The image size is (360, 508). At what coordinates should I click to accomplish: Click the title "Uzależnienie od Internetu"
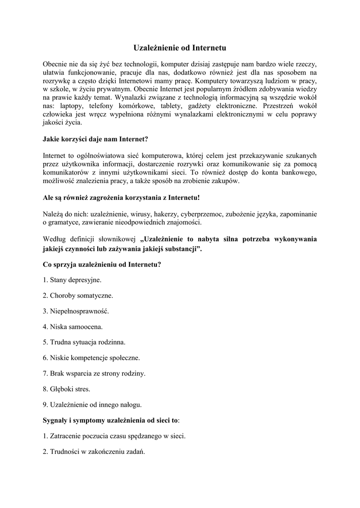pyautogui.click(x=180, y=48)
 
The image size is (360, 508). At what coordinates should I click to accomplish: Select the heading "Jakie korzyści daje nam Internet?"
pyautogui.click(x=95, y=139)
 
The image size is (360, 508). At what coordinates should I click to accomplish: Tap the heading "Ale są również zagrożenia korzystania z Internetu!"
pyautogui.click(x=121, y=197)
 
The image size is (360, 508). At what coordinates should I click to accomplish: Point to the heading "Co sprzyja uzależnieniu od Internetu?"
pyautogui.click(x=102, y=264)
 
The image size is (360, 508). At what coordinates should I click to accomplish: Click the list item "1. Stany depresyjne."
pyautogui.click(x=72, y=280)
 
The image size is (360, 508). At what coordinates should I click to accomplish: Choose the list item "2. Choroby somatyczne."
pyautogui.click(x=78, y=296)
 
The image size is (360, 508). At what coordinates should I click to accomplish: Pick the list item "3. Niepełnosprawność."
pyautogui.click(x=75, y=311)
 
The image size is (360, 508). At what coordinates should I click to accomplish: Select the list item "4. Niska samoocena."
pyautogui.click(x=73, y=326)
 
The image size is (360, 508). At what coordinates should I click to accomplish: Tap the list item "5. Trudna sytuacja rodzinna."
pyautogui.click(x=84, y=342)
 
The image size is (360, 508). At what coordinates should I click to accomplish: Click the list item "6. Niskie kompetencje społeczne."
pyautogui.click(x=91, y=357)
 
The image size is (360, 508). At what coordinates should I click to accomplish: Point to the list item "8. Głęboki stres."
pyautogui.click(x=67, y=388)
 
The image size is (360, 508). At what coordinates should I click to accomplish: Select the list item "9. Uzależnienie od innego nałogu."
pyautogui.click(x=92, y=404)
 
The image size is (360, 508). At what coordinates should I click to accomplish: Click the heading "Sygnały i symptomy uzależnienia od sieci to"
pyautogui.click(x=111, y=420)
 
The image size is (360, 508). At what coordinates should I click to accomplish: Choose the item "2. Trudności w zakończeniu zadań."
pyautogui.click(x=94, y=451)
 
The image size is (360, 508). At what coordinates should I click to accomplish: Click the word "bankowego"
pyautogui.click(x=295, y=173)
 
